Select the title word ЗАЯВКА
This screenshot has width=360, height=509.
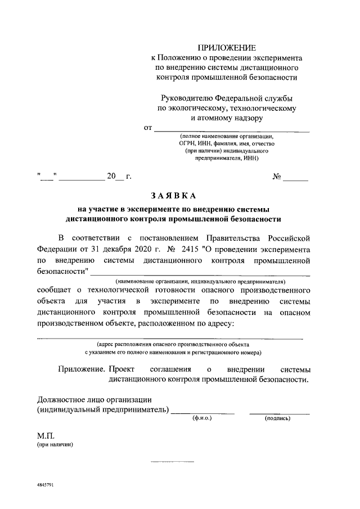pos(173,196)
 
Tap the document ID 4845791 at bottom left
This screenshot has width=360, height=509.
pos(42,484)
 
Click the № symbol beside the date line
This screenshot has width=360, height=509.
pos(277,177)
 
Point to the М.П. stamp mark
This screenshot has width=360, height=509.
pos(45,435)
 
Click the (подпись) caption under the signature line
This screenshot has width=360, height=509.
pos(277,418)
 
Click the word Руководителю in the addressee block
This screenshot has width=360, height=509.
pos(185,97)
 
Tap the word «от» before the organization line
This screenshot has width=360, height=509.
pos(149,128)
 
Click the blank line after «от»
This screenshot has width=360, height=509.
pos(232,130)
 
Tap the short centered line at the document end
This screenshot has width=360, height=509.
pos(172,462)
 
